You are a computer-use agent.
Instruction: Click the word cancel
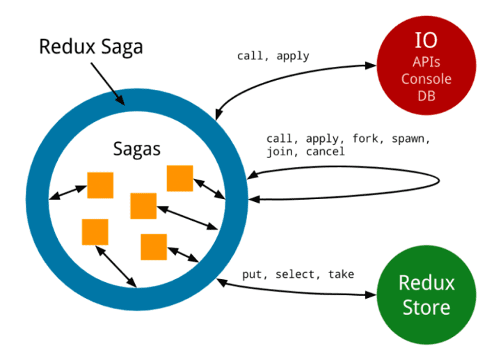coord(324,151)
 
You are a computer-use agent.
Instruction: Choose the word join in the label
coord(280,151)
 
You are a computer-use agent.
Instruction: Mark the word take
coord(341,274)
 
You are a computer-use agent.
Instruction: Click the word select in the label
coord(295,274)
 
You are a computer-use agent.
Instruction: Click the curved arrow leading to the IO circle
coord(292,75)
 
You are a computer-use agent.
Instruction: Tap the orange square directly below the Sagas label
coord(143,205)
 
